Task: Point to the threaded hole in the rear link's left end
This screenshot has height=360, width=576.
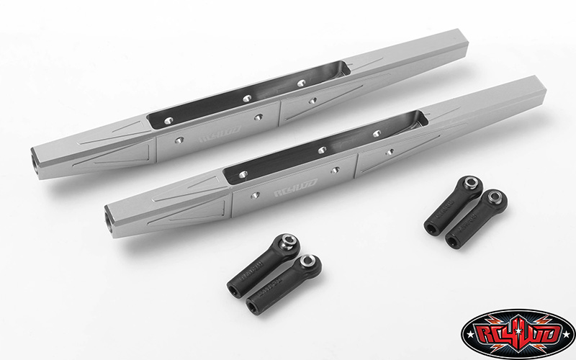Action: (x=35, y=153)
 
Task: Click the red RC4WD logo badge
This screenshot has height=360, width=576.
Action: (x=518, y=333)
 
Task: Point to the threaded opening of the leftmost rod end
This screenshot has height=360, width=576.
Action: (x=233, y=291)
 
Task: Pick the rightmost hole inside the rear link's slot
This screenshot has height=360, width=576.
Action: (x=301, y=83)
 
